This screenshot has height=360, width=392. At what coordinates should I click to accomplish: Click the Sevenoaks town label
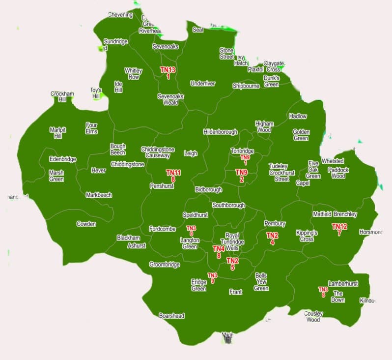coord(165,46)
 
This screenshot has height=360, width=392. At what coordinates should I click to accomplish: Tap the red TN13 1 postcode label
coord(168,73)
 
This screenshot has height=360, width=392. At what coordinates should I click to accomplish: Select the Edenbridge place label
coord(62,159)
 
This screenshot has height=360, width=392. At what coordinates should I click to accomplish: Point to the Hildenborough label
coord(220,132)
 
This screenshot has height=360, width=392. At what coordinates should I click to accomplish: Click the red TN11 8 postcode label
coord(173,176)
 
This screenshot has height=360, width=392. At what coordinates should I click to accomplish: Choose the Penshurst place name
coord(162,186)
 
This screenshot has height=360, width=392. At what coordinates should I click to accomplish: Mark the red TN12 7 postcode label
coord(339,230)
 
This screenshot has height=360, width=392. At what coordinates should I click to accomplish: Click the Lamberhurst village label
coord(343,284)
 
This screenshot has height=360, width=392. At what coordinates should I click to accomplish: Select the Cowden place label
coord(86,224)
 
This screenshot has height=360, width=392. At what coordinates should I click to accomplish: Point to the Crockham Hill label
coord(62,96)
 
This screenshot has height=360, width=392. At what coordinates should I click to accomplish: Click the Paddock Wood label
coord(338,173)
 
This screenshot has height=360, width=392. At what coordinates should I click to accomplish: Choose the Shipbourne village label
coord(246,86)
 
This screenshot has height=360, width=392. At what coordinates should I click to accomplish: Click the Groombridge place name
coord(165,265)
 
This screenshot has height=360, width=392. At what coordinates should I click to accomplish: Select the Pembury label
coord(275,224)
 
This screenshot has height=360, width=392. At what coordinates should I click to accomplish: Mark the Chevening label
coord(120,15)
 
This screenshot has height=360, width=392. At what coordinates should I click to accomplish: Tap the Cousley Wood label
coord(313,316)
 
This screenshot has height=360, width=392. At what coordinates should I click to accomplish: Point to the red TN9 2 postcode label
coord(241,176)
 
